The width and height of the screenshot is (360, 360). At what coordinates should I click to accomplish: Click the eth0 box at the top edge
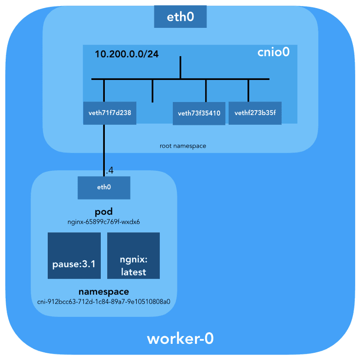click(180, 18)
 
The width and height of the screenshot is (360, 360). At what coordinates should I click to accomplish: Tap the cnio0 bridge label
click(273, 52)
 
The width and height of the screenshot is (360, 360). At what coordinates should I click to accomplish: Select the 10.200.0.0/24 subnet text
click(126, 54)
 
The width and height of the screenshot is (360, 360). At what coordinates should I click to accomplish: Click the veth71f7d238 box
click(110, 113)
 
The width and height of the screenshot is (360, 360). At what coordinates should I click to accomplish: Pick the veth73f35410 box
click(199, 113)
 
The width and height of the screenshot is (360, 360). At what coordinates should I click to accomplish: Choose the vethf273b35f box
click(255, 113)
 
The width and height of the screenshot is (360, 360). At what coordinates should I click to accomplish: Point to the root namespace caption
click(183, 146)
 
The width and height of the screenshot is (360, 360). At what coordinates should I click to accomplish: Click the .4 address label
click(109, 171)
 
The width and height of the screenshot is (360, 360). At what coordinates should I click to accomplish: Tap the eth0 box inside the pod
click(104, 187)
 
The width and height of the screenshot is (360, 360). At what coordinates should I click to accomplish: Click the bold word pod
click(103, 212)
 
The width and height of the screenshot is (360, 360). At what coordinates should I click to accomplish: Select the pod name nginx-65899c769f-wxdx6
click(103, 221)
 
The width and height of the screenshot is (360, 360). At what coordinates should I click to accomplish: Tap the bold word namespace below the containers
click(103, 292)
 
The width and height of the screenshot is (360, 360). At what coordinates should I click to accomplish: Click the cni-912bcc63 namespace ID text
click(103, 301)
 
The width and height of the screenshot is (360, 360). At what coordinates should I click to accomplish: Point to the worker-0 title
click(180, 339)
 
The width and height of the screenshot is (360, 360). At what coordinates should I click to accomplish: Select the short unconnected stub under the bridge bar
click(153, 91)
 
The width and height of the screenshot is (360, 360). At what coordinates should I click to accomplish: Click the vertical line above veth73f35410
click(206, 91)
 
